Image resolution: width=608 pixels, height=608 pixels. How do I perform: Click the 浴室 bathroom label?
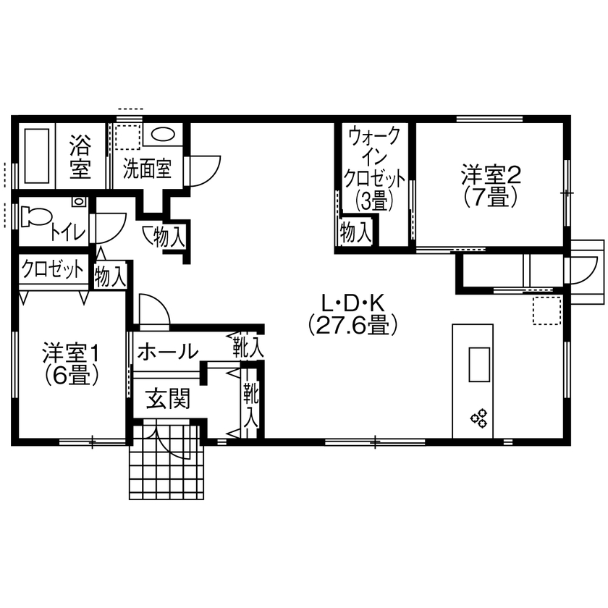(x=80, y=158)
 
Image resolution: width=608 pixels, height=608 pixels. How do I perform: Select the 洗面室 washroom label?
(x=147, y=169)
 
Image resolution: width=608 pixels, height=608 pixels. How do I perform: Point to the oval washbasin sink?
(x=163, y=135)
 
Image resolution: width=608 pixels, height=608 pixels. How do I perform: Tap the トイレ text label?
(x=68, y=232)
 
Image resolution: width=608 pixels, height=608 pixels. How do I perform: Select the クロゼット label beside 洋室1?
(x=53, y=270)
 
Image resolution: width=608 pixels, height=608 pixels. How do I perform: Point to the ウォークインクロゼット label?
(x=374, y=168)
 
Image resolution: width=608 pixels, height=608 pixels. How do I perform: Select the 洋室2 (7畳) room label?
(x=491, y=185)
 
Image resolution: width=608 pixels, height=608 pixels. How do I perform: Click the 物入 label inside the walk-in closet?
(x=355, y=232)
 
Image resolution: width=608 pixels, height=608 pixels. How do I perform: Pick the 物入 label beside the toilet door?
(x=111, y=276)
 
